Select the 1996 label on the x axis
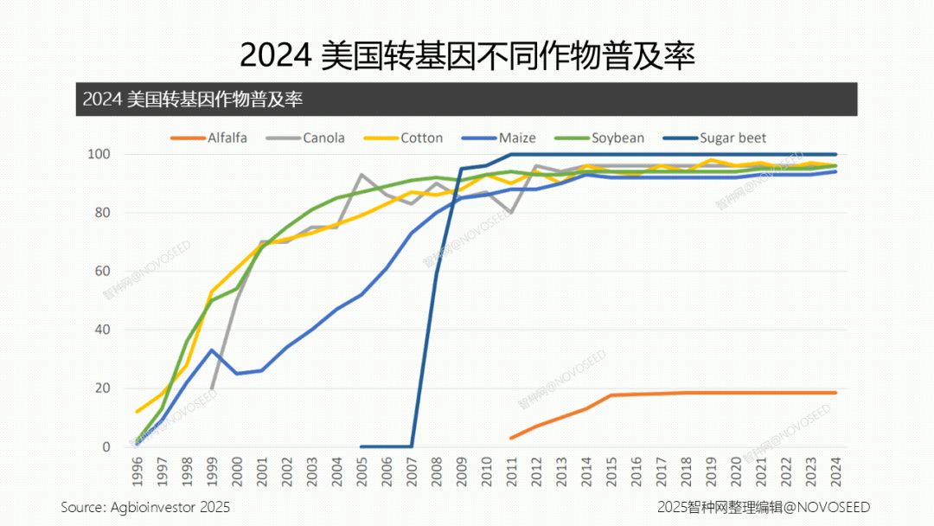[x=138, y=471]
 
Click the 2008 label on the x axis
[x=437, y=471]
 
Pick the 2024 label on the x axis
[x=835, y=471]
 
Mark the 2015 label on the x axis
[x=611, y=471]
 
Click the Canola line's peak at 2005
[x=361, y=175]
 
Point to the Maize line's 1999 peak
[x=212, y=350]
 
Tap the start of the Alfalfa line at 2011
[x=511, y=438]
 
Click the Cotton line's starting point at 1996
[x=138, y=412]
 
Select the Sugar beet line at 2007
[x=412, y=446]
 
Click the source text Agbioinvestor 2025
[x=145, y=507]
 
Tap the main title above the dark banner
[x=467, y=56]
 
